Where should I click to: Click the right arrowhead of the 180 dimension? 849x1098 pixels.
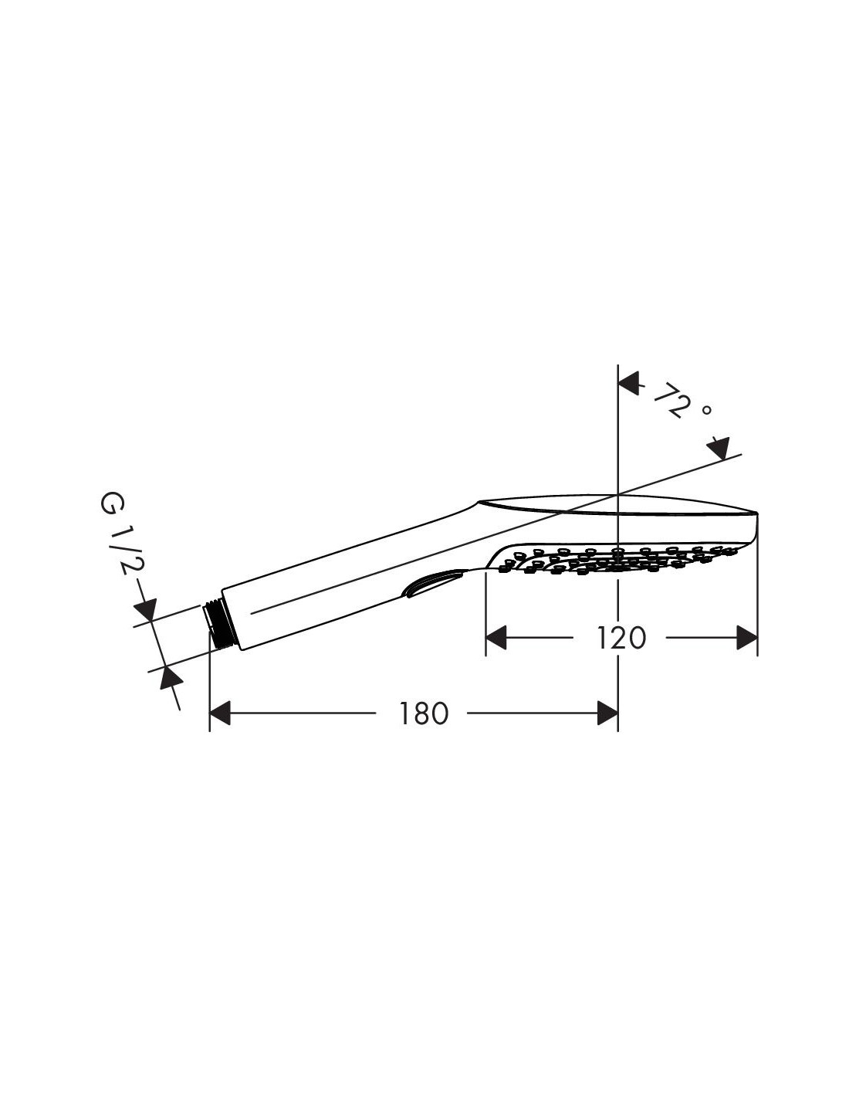(607, 713)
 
